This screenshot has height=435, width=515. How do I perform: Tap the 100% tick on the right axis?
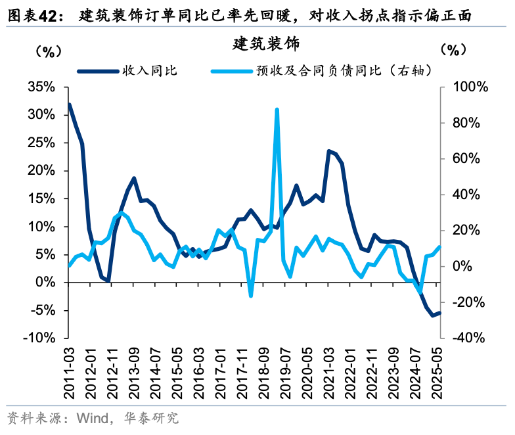point(469,87)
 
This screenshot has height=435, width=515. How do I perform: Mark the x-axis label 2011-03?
point(70,371)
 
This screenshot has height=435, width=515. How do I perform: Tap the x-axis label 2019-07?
point(286,371)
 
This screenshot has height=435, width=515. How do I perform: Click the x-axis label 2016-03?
point(199,371)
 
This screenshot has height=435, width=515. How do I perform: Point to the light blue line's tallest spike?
point(277,110)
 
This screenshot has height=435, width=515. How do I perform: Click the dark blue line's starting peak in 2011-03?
point(70,104)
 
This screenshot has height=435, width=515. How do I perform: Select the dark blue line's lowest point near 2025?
point(433,315)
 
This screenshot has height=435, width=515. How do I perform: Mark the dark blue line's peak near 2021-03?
point(329,151)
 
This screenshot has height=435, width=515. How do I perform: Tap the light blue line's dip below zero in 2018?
point(251,296)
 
